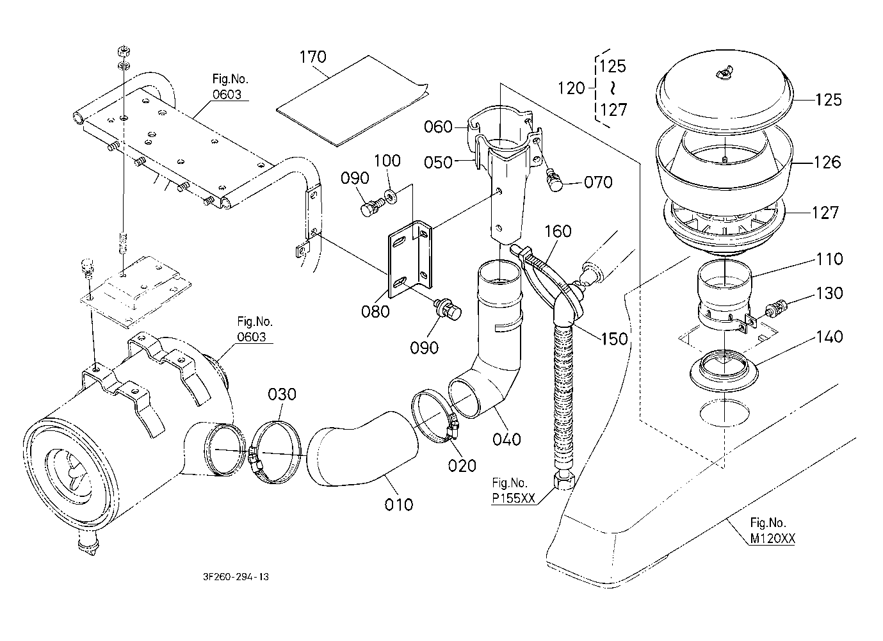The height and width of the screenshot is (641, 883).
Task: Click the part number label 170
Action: [312, 57]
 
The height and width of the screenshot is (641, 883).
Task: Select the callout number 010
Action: [399, 505]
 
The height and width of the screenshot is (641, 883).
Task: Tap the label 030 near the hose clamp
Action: [282, 394]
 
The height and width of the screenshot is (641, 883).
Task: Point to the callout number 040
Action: [506, 439]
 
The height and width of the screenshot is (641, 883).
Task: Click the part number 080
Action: [375, 311]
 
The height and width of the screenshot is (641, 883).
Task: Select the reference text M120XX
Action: [773, 539]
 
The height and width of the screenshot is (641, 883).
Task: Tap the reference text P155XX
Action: [514, 499]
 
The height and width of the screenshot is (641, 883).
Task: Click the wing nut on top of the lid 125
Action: [722, 76]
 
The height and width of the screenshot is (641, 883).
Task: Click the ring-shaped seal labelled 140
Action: [723, 369]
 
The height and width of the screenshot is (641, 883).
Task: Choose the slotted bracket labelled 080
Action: [410, 259]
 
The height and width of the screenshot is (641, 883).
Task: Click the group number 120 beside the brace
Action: [571, 88]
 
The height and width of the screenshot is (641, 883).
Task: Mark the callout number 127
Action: [825, 212]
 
